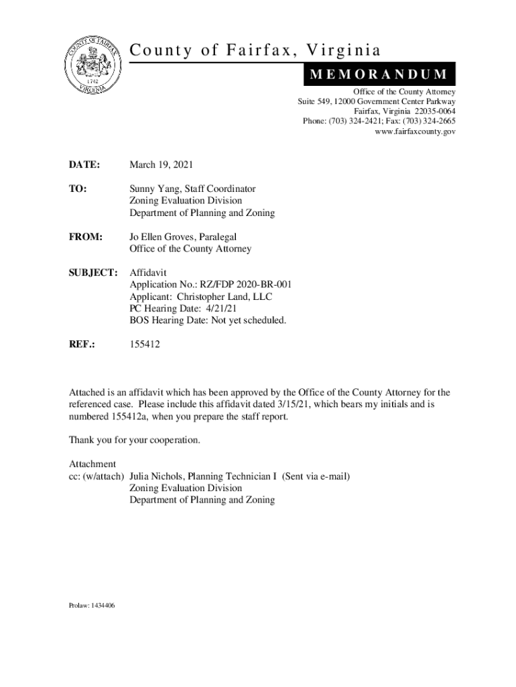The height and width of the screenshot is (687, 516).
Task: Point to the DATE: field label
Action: tap(84, 165)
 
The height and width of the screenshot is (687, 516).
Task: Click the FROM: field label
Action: tap(86, 237)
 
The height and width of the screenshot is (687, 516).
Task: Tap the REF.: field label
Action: tap(82, 344)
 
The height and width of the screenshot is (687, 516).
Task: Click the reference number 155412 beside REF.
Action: tap(145, 344)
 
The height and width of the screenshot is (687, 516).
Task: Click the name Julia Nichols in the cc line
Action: tap(159, 476)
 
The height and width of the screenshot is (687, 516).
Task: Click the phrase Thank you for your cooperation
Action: tap(135, 441)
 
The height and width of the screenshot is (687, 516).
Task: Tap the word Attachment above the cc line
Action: tap(93, 464)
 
